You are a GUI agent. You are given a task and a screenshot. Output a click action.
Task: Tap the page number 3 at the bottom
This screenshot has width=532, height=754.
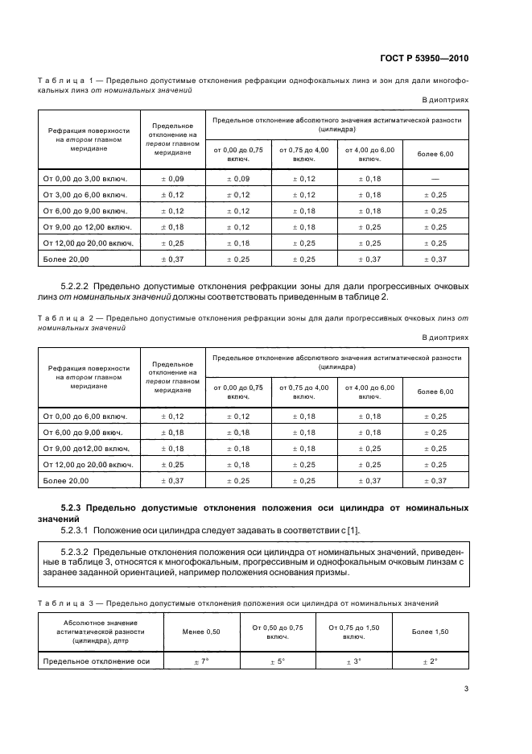click(x=466, y=689)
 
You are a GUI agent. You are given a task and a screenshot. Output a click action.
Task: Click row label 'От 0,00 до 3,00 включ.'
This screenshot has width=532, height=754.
click(x=86, y=178)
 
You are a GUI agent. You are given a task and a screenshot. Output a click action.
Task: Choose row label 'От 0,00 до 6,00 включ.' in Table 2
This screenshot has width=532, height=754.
click(x=86, y=416)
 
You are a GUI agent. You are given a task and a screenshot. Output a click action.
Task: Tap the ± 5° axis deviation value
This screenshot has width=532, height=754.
click(x=278, y=661)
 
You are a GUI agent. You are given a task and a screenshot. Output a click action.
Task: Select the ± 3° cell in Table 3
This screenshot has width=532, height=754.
click(x=353, y=661)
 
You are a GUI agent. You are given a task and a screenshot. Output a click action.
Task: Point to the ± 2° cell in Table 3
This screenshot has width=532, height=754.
click(x=431, y=661)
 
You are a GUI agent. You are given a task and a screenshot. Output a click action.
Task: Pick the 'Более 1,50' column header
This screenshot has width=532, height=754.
click(x=431, y=632)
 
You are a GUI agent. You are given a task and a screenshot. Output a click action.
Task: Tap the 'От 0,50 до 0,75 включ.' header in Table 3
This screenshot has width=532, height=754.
click(x=278, y=632)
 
